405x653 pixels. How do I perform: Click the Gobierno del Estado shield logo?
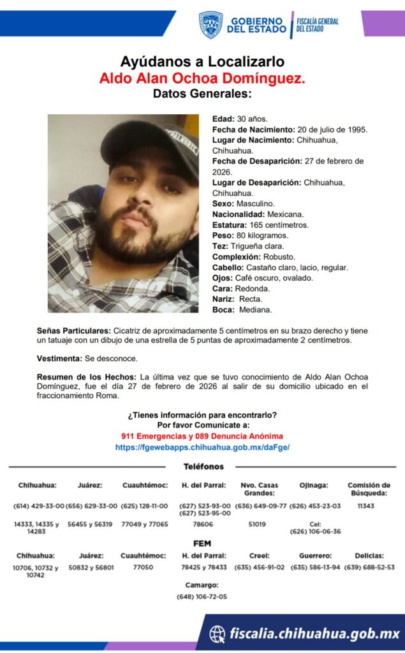pyautogui.click(x=210, y=24)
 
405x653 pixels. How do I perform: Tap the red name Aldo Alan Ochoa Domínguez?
pyautogui.click(x=202, y=78)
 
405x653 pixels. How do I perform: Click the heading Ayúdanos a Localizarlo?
pyautogui.click(x=202, y=62)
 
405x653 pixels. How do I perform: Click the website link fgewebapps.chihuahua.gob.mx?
pyautogui.click(x=202, y=448)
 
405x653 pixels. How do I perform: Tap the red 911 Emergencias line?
pyautogui.click(x=202, y=436)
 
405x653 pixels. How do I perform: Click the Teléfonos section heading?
pyautogui.click(x=203, y=467)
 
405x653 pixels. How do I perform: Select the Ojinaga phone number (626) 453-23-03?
pyautogui.click(x=315, y=506)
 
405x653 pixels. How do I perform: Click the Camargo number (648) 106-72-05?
pyautogui.click(x=202, y=597)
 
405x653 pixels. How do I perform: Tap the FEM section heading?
pyautogui.click(x=202, y=543)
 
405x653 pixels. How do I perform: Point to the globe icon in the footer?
pyautogui.click(x=217, y=633)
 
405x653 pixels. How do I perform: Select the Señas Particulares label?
pyautogui.click(x=73, y=330)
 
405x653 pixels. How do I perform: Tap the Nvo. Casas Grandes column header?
pyautogui.click(x=260, y=489)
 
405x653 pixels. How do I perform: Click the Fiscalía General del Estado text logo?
pyautogui.click(x=317, y=25)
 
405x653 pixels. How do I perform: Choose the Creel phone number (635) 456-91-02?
pyautogui.click(x=260, y=567)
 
